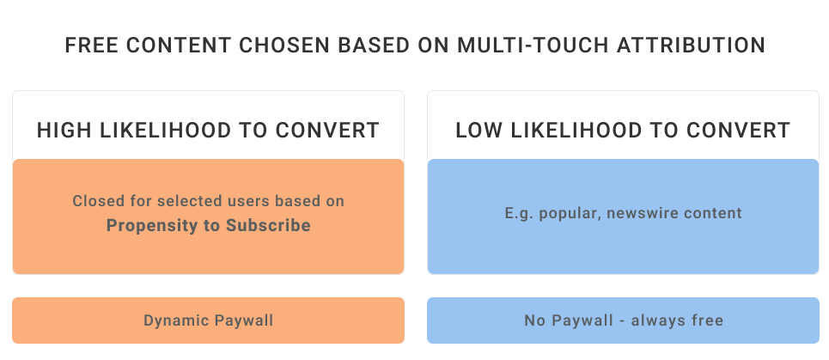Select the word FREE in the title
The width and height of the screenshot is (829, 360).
pos(91,46)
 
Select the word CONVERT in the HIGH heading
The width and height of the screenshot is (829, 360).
pos(328,130)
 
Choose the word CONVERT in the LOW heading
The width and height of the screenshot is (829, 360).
pos(739,130)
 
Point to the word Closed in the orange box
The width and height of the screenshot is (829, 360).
pos(91,201)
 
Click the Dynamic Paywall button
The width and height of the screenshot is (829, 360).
pos(208,320)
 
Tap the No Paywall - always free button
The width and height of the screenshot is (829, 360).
pos(624,320)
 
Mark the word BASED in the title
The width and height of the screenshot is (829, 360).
pos(374,46)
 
